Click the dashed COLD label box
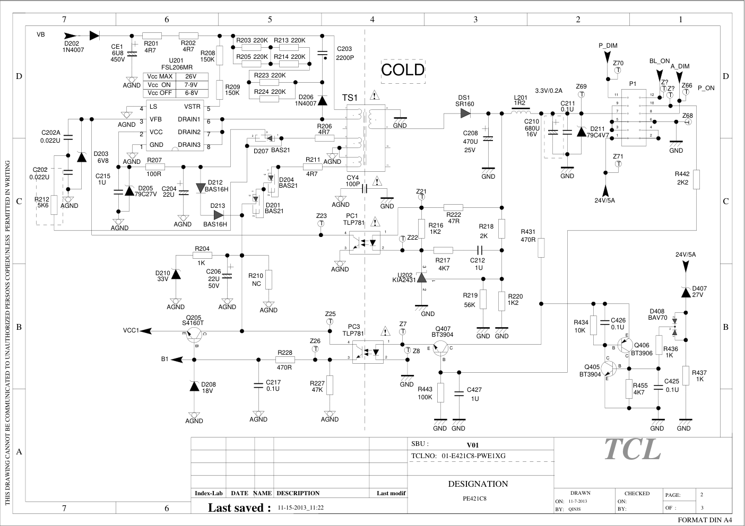(x=403, y=70)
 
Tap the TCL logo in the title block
(x=632, y=450)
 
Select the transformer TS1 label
(x=350, y=98)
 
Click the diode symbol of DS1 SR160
(x=465, y=113)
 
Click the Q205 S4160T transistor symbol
(x=195, y=334)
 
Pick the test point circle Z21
(x=421, y=197)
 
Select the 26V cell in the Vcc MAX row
(x=191, y=76)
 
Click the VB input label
(x=41, y=34)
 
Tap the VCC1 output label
(x=131, y=330)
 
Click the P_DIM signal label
(x=608, y=46)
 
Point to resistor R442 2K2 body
(x=696, y=179)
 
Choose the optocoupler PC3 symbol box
(x=368, y=352)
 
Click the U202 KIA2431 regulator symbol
(x=422, y=277)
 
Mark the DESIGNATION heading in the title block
(x=478, y=484)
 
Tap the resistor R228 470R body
(x=284, y=360)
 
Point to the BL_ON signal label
(x=660, y=61)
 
